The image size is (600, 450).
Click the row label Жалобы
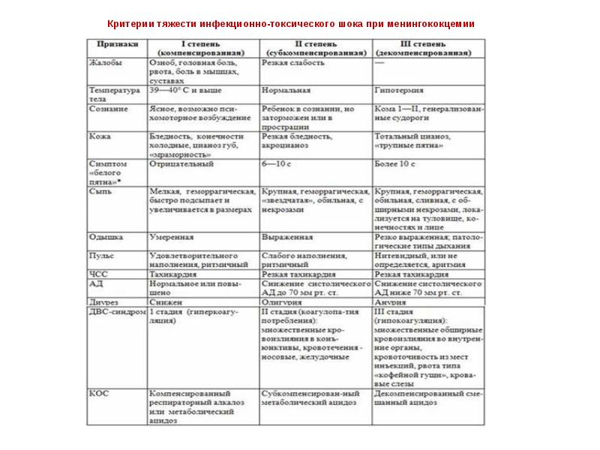(x=106, y=64)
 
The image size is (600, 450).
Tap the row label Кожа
(x=100, y=136)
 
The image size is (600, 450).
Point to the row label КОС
(x=100, y=392)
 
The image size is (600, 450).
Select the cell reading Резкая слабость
(x=293, y=64)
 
